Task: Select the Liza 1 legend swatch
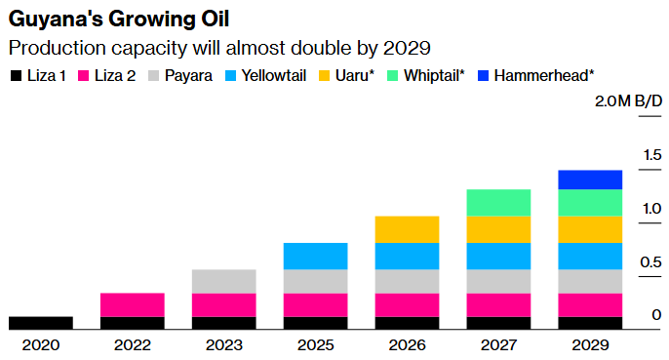15,75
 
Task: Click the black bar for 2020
40,323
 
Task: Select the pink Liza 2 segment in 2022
132,304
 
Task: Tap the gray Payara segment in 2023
223,281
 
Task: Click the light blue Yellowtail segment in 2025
315,256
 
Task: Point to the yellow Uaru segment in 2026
407,229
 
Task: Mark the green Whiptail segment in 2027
498,202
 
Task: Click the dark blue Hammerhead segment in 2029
590,180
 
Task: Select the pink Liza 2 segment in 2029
590,304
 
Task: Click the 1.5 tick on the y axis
651,154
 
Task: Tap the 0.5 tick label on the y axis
651,261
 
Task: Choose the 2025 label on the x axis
315,344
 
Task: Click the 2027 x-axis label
498,344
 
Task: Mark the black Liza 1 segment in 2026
407,323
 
